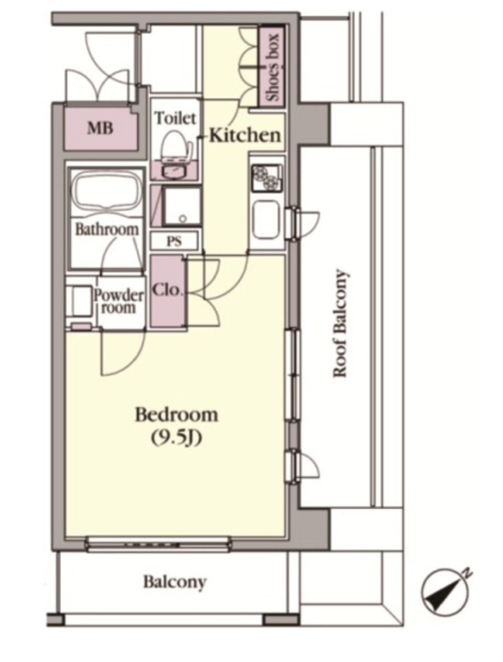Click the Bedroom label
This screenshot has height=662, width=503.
[176, 416]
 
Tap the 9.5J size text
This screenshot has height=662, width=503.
[176, 439]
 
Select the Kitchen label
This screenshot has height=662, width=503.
[245, 135]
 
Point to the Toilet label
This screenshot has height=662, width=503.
[175, 118]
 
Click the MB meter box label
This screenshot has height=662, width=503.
[100, 128]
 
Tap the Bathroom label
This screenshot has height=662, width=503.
[107, 229]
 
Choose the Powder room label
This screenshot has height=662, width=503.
[118, 301]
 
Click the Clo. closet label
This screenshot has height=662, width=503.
[167, 290]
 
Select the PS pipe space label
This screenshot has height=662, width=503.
[174, 241]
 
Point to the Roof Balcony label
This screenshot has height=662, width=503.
[340, 323]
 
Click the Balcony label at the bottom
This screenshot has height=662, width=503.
[175, 582]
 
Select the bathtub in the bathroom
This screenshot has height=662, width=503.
[107, 193]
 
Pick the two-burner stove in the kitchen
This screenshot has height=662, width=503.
[266, 178]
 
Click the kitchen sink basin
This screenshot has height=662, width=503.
[266, 220]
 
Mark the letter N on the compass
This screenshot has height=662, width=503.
[467, 574]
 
